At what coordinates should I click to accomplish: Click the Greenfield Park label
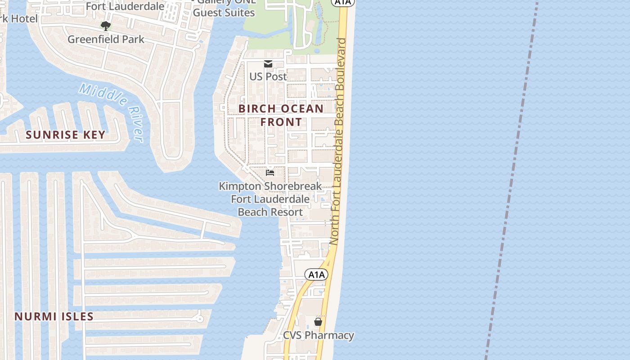(x=106, y=39)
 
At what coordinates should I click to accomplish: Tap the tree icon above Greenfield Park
(x=106, y=26)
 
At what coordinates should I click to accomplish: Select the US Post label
(x=268, y=76)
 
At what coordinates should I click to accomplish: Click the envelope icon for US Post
(x=268, y=64)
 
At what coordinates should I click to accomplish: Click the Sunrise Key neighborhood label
(x=66, y=135)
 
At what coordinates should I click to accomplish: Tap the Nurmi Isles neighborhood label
(x=54, y=316)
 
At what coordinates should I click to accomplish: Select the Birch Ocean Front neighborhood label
(x=281, y=115)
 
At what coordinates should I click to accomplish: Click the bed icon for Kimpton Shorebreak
(x=270, y=172)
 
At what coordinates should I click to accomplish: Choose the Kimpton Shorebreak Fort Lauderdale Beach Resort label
(x=270, y=199)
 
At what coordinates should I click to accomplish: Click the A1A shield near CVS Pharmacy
(x=316, y=274)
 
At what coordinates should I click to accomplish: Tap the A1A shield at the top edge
(x=343, y=2)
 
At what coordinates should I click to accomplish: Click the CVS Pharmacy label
(x=318, y=335)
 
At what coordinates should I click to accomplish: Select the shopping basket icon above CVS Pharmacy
(x=318, y=322)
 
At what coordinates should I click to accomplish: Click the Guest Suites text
(x=224, y=13)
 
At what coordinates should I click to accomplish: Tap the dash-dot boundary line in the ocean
(x=513, y=180)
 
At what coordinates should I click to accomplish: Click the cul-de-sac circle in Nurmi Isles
(x=199, y=319)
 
